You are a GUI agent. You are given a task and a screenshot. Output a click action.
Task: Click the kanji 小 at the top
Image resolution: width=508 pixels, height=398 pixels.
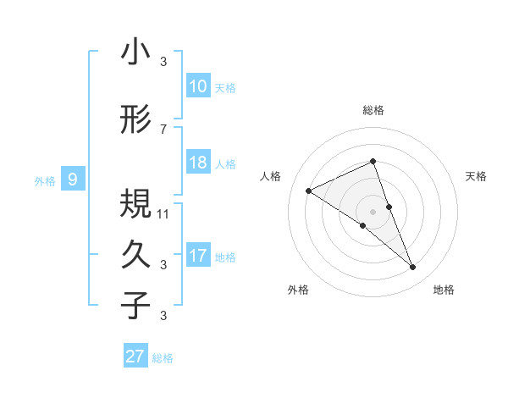click(135, 53)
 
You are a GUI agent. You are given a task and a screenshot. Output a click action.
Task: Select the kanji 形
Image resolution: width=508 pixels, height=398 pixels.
click(135, 121)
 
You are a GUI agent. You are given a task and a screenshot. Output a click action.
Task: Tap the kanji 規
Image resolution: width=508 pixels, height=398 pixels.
click(135, 204)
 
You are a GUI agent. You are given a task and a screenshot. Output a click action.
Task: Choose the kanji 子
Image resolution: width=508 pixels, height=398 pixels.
click(135, 306)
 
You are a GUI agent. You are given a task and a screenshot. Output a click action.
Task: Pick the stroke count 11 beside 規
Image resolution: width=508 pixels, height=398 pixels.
click(163, 213)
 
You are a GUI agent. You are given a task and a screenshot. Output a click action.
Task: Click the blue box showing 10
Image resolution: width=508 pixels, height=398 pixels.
click(198, 86)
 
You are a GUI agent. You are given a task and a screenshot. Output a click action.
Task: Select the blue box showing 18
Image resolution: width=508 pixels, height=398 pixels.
click(198, 163)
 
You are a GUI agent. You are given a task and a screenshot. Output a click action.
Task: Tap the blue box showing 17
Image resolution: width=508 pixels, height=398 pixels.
click(198, 256)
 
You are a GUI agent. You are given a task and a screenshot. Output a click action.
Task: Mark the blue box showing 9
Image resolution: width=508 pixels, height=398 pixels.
click(73, 180)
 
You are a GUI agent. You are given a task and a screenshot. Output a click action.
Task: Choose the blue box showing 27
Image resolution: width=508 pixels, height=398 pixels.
click(135, 357)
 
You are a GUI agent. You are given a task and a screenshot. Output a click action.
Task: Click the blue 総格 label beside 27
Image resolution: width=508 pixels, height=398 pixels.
click(163, 358)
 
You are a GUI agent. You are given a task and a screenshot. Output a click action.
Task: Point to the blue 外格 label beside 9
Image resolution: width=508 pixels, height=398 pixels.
click(45, 180)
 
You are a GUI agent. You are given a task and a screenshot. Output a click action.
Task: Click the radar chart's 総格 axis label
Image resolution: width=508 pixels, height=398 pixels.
click(373, 110)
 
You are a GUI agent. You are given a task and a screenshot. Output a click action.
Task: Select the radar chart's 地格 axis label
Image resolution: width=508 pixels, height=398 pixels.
click(444, 290)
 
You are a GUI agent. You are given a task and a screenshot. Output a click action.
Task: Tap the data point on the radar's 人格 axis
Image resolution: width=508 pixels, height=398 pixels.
click(309, 191)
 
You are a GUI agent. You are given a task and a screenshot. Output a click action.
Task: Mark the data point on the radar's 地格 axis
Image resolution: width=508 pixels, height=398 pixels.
click(413, 268)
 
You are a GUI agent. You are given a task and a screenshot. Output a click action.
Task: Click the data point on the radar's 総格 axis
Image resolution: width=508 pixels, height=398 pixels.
click(373, 162)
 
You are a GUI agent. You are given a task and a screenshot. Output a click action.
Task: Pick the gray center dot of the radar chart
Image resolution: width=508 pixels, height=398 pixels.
click(373, 212)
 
